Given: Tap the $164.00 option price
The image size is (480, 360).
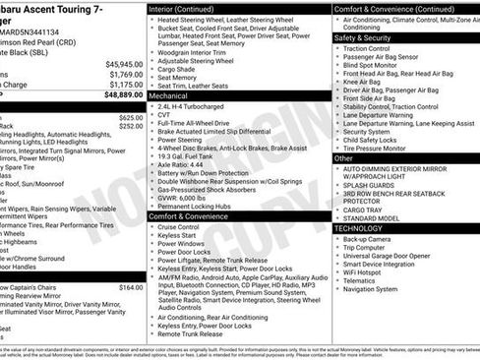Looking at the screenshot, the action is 131,287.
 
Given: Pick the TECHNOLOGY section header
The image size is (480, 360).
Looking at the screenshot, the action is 358,227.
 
